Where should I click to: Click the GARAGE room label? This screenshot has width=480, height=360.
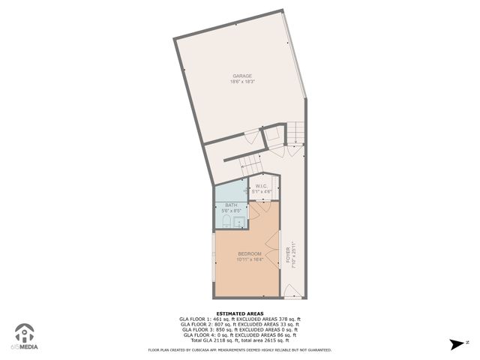[x=241, y=76]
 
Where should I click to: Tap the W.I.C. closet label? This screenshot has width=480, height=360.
[x=262, y=185]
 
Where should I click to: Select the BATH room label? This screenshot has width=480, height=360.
[x=231, y=205]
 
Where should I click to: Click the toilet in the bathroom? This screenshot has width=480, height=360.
[x=226, y=221]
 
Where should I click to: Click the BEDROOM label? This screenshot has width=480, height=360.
[x=250, y=253]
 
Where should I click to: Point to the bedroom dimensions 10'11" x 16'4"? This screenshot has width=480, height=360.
[x=250, y=259]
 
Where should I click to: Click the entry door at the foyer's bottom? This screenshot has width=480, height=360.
[x=293, y=291]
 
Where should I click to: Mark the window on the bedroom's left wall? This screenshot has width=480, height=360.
[x=214, y=257]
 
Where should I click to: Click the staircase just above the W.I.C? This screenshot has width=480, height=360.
[x=250, y=164]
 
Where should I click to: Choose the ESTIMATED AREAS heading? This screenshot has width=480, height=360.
[x=238, y=313]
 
